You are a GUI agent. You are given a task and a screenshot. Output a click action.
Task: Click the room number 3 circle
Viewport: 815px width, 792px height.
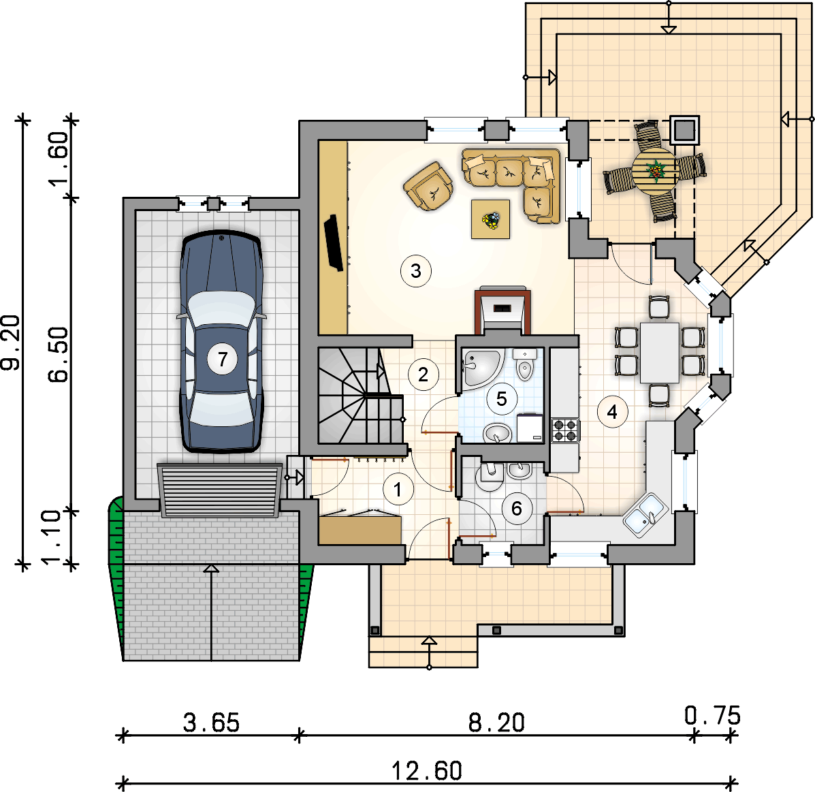(x=416, y=271)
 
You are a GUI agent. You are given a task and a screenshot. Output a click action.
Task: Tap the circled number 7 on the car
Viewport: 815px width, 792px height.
(x=223, y=359)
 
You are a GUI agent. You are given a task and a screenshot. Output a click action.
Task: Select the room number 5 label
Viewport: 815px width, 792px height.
(x=502, y=399)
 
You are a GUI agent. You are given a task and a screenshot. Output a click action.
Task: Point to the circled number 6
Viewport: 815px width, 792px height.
(x=516, y=509)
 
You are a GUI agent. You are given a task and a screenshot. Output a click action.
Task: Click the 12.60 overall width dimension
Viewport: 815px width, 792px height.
(x=426, y=771)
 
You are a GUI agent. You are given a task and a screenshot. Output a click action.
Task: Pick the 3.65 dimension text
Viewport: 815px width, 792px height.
(x=211, y=723)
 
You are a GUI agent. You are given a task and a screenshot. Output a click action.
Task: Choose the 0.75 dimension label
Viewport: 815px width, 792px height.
(x=712, y=716)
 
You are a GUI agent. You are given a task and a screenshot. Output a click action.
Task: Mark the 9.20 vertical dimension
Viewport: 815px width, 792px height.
(x=10, y=342)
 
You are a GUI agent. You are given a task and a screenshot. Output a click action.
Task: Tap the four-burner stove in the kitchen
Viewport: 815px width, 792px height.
(x=565, y=430)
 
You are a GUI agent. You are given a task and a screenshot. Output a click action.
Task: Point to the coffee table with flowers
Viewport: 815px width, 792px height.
(x=490, y=219)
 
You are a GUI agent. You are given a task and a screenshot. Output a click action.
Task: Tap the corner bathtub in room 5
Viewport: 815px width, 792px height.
(x=482, y=368)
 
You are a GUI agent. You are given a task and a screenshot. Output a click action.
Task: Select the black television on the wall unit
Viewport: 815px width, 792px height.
(x=334, y=242)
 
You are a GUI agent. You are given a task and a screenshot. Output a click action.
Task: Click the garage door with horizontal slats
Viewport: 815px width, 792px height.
(x=219, y=490)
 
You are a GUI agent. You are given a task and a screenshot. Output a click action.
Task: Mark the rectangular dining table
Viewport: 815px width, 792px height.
(x=659, y=353)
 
